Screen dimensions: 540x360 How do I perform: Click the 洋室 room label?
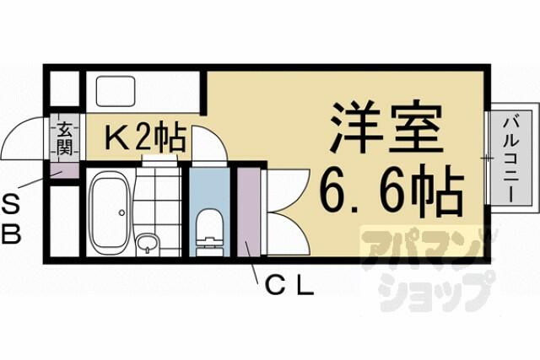[x=386, y=127]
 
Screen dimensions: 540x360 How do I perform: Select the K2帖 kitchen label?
[x=146, y=137]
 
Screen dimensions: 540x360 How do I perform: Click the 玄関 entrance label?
[x=65, y=138]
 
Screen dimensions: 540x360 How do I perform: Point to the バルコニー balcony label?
[x=510, y=160]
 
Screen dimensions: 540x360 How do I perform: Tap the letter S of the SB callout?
[x=11, y=207]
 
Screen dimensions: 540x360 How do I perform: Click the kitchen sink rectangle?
[x=116, y=91]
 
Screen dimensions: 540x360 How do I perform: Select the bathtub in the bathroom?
[x=110, y=210]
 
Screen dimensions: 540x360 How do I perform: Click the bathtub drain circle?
[x=121, y=212]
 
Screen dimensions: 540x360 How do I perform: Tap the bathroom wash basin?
[x=148, y=243]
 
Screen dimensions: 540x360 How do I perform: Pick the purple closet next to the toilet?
[x=248, y=212]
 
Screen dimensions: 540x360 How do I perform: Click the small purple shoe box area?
[x=64, y=170]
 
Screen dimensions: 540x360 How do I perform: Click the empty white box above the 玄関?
[x=64, y=89]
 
